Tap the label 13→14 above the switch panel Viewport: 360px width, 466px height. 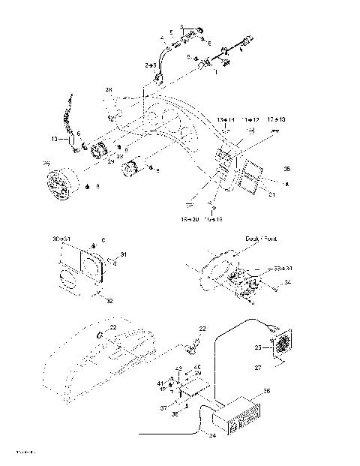[x=226, y=120]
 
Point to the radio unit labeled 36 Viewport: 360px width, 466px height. [x=238, y=416]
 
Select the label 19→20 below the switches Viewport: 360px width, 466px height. [x=190, y=220]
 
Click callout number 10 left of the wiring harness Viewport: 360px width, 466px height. [x=54, y=139]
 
